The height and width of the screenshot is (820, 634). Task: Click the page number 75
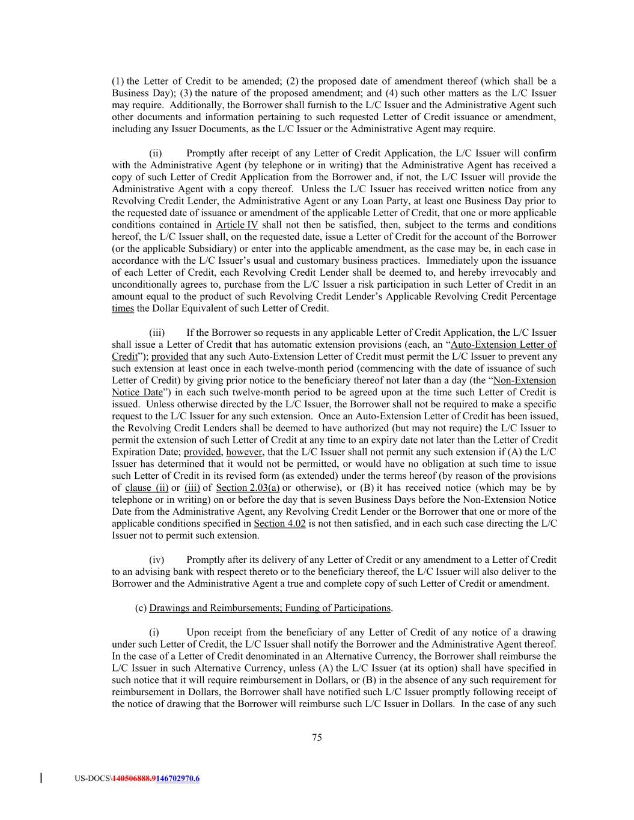pyautogui.click(x=317, y=738)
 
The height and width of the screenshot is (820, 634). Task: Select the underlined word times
pyautogui.click(x=123, y=309)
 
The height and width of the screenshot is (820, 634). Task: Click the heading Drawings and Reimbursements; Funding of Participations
pyautogui.click(x=270, y=608)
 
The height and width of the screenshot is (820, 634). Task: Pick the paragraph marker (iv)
pyautogui.click(x=156, y=560)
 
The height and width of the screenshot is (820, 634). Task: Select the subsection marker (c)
pyautogui.click(x=141, y=608)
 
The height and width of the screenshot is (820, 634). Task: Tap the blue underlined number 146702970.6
pyautogui.click(x=178, y=779)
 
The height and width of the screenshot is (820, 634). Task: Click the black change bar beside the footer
pyautogui.click(x=41, y=779)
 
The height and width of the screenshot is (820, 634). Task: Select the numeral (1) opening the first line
pyautogui.click(x=118, y=81)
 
